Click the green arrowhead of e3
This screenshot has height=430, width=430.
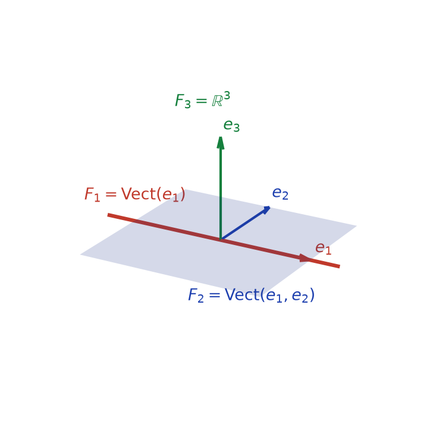221,143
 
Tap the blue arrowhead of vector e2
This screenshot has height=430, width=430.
266,210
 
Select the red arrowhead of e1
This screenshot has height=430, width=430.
305,258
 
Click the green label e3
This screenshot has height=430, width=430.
231,125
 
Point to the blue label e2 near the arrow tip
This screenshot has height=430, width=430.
280,193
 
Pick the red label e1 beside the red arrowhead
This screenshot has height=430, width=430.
324,249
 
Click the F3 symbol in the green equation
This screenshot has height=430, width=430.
183,101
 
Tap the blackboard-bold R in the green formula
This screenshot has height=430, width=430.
217,101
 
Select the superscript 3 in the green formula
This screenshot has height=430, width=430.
227,96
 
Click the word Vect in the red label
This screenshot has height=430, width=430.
139,194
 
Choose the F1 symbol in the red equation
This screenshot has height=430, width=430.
92,194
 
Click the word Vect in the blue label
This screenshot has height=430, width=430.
242,295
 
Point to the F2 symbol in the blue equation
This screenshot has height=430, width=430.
196,296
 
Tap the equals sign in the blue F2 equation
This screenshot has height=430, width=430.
215,295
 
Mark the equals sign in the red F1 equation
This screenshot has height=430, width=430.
111,194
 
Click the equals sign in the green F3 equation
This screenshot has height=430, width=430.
201,101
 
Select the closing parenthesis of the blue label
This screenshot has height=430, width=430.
312,296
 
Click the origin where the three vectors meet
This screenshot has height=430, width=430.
221,240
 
